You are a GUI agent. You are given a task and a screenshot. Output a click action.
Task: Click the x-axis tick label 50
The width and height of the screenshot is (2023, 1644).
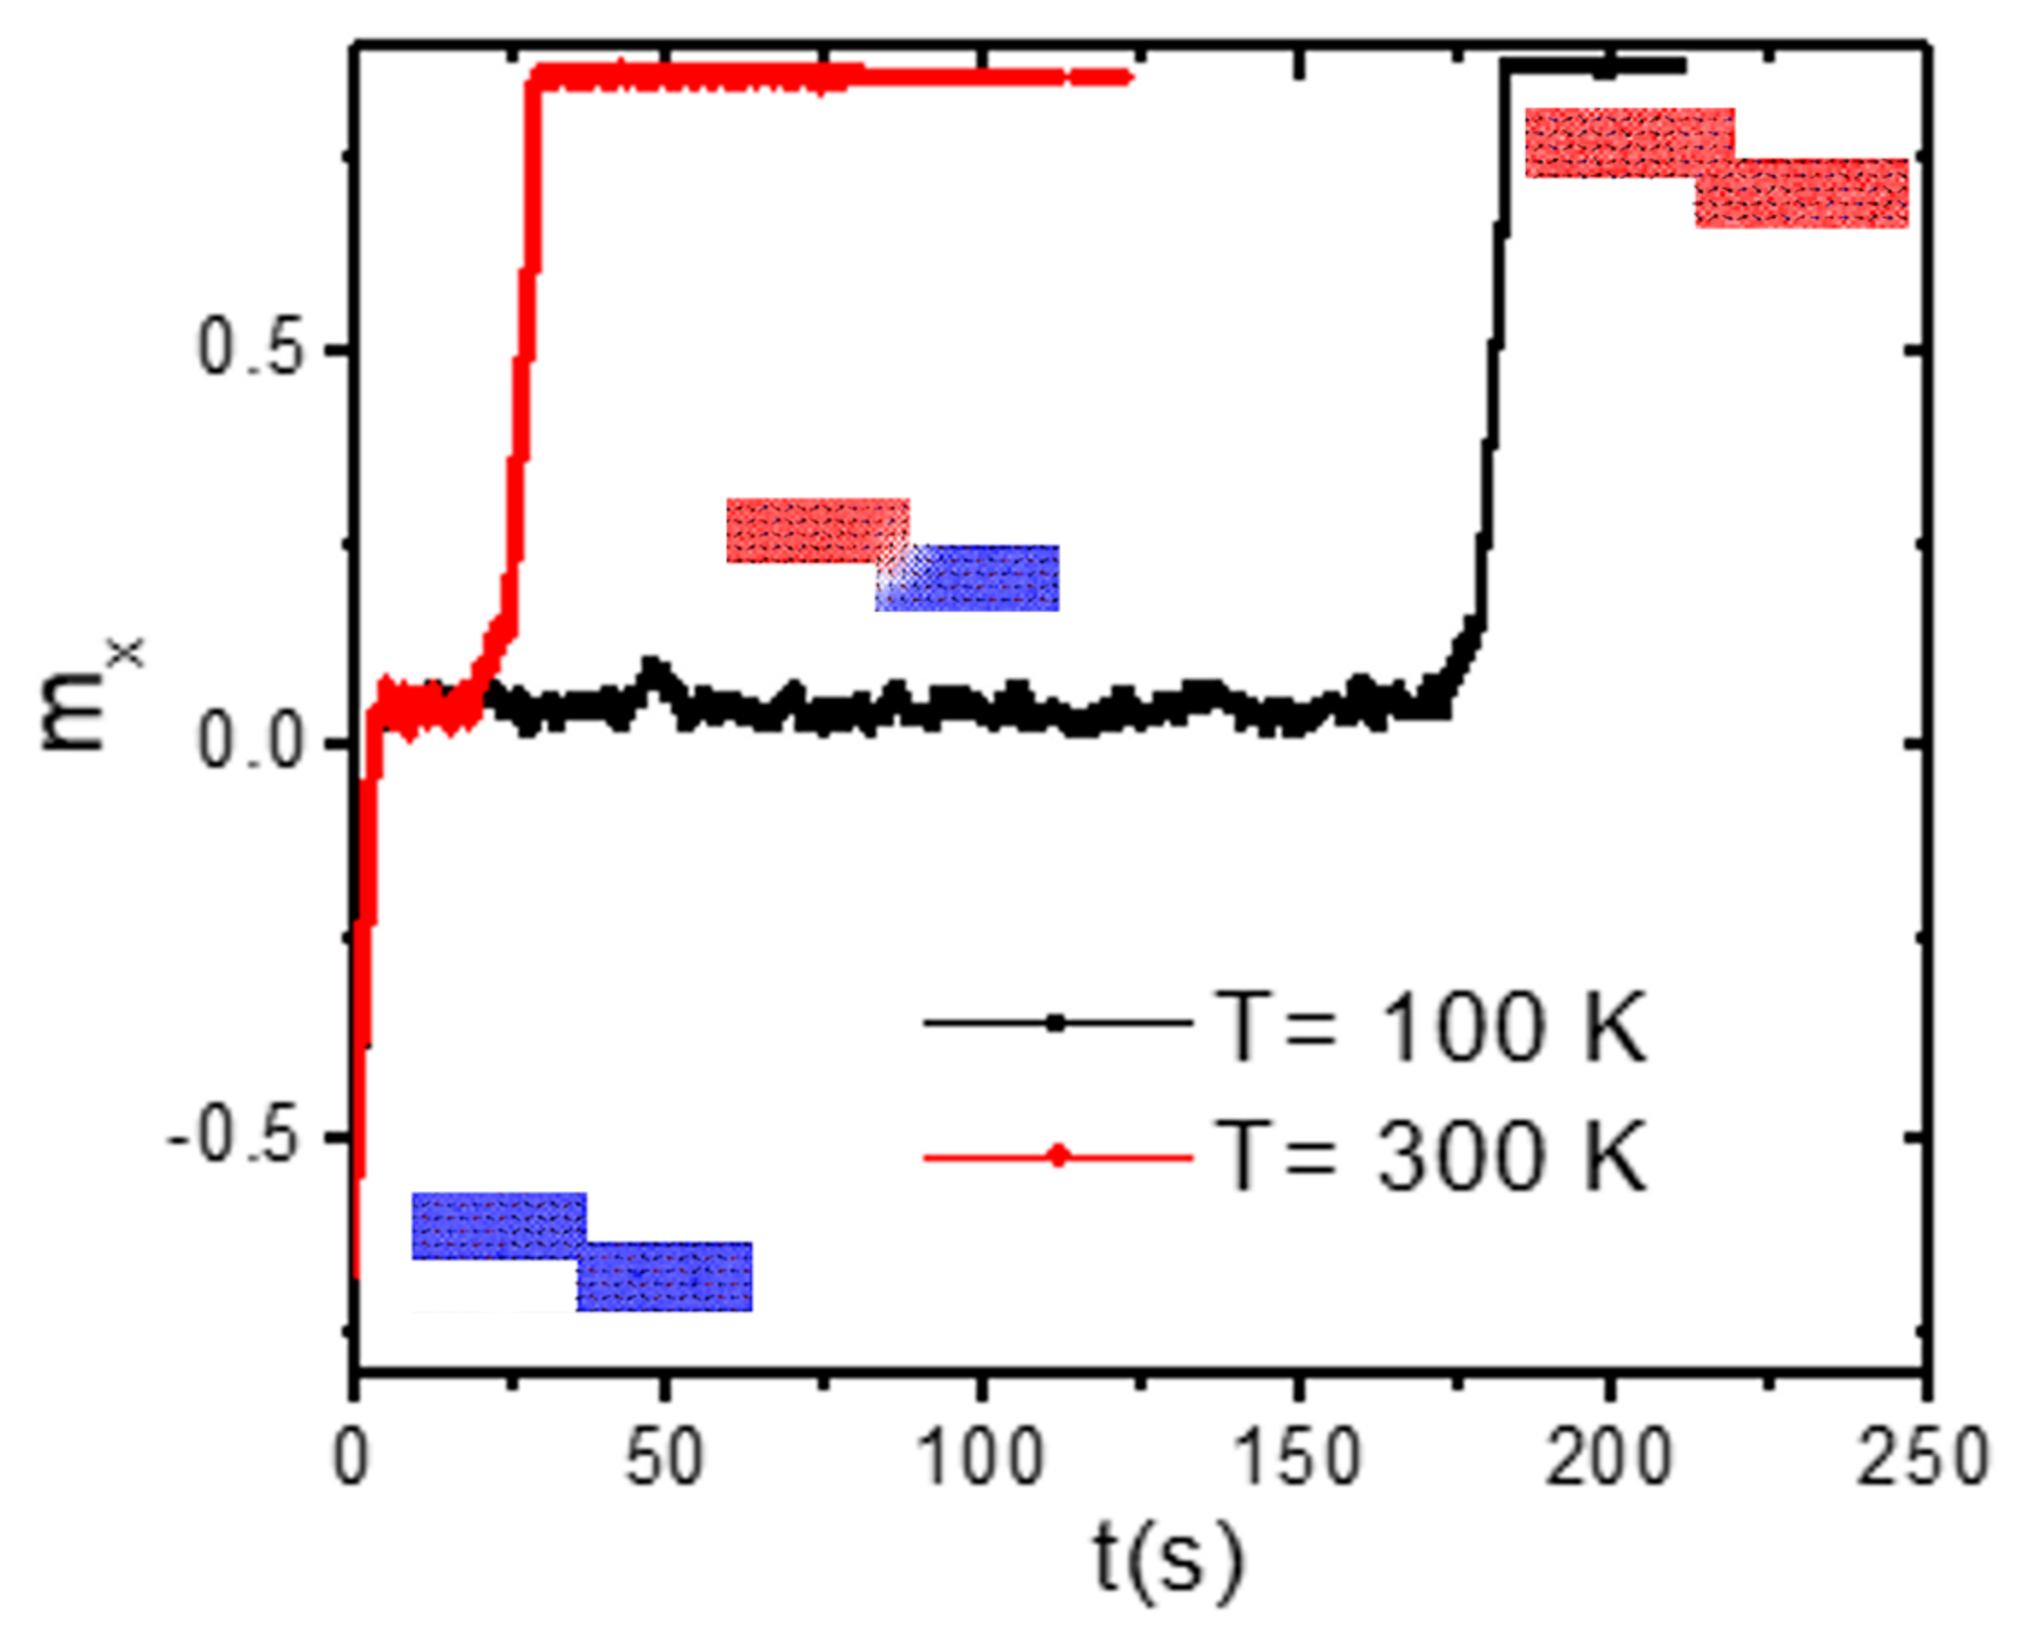pos(665,1458)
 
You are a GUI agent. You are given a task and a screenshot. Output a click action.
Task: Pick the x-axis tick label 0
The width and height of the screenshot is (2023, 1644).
pos(351,1458)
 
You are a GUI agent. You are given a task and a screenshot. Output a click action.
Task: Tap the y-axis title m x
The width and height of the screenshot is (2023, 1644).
pos(90,696)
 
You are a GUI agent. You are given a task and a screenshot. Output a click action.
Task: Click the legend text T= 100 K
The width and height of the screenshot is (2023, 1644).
pos(1431,1027)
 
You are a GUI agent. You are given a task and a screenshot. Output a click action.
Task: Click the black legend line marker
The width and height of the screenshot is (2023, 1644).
pos(1057,1023)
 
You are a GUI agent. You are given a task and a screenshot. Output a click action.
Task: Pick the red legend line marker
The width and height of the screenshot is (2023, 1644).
pos(1057,1156)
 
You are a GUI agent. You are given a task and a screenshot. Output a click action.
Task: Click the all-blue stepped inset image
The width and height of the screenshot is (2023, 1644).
pos(582,1252)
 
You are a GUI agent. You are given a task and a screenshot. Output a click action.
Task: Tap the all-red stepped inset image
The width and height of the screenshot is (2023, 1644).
pos(1715,168)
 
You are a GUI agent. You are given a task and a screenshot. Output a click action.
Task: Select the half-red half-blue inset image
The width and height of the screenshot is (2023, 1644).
pos(891,554)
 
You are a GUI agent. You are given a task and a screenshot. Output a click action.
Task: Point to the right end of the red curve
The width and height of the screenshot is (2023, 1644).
pos(1126,77)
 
